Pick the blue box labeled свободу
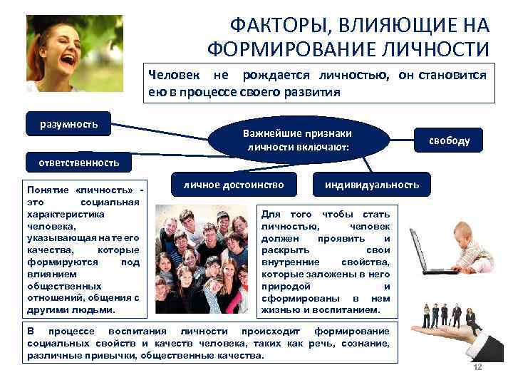pos(448,140)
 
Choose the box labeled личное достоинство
pos(233,185)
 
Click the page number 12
pos(478,366)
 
